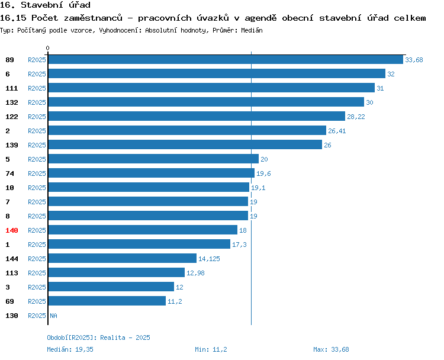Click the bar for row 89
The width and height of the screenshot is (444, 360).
pyautogui.click(x=226, y=59)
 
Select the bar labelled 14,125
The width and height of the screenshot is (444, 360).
pyautogui.click(x=123, y=258)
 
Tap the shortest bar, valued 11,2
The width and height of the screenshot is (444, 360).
pyautogui.click(x=107, y=301)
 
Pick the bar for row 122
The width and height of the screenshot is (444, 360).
pyautogui.click(x=197, y=116)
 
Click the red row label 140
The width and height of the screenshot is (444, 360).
pyautogui.click(x=12, y=230)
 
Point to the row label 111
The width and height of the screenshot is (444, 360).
pyautogui.click(x=12, y=88)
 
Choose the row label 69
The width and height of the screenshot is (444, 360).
pyautogui.click(x=9, y=301)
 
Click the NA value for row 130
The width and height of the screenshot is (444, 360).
pyautogui.click(x=53, y=316)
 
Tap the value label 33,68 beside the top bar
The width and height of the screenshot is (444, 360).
pyautogui.click(x=414, y=60)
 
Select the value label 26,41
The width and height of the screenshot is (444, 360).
pyautogui.click(x=337, y=131)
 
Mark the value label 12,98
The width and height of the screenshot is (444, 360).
pyautogui.click(x=195, y=273)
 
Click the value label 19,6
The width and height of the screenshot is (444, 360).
pyautogui.click(x=263, y=173)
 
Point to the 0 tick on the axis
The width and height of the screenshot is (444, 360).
pyautogui.click(x=47, y=48)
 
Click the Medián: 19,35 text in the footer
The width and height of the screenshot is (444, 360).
pyautogui.click(x=70, y=349)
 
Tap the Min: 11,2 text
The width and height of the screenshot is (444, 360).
pyautogui.click(x=211, y=349)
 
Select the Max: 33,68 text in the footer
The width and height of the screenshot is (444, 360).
pyautogui.click(x=331, y=349)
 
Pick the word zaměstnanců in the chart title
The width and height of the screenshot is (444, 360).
pyautogui.click(x=93, y=18)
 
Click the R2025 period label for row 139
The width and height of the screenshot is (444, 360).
pyautogui.click(x=37, y=145)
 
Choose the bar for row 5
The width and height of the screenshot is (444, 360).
pyautogui.click(x=153, y=159)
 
